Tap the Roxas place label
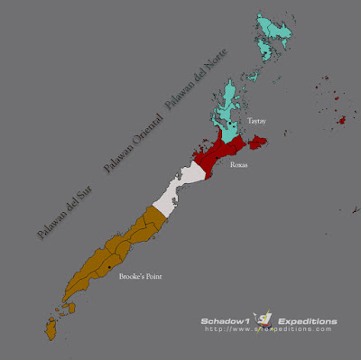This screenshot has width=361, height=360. tap(239, 166)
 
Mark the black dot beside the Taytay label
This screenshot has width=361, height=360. tap(233, 123)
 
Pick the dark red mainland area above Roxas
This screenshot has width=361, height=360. tap(221, 153)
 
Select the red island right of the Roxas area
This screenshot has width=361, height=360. tap(259, 141)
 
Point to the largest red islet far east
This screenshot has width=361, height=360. tap(341, 119)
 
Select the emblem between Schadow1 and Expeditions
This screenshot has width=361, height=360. tap(264, 319)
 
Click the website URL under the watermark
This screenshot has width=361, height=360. tap(271, 329)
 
